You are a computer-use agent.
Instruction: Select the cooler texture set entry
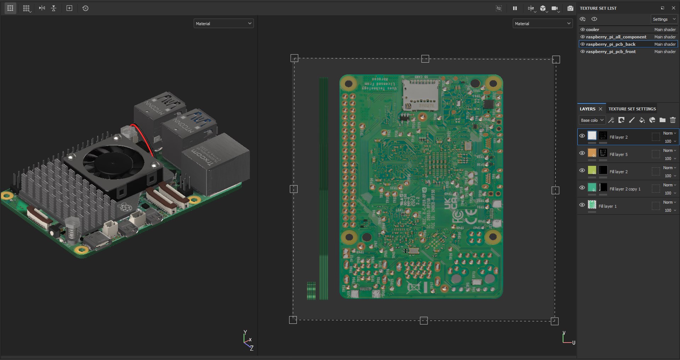tap(593, 29)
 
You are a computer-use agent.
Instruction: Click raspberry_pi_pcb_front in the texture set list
tap(611, 51)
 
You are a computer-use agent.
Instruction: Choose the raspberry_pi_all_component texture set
tap(616, 37)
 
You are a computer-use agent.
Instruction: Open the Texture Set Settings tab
tap(632, 109)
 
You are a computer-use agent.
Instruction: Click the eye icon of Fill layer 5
tap(582, 153)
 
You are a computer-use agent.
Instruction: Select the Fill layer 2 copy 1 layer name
tap(625, 189)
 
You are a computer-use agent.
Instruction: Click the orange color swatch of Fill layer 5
tap(592, 153)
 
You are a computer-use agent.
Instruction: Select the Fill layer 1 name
tap(607, 206)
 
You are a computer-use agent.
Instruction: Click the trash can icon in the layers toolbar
tap(673, 120)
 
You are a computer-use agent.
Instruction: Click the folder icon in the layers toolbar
tap(662, 120)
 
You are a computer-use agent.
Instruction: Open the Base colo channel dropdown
tap(592, 120)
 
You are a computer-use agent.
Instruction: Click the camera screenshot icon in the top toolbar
tap(570, 8)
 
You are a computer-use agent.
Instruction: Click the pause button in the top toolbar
tap(515, 8)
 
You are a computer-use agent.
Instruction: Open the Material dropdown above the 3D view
tap(223, 23)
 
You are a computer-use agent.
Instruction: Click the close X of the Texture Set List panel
tap(673, 8)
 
